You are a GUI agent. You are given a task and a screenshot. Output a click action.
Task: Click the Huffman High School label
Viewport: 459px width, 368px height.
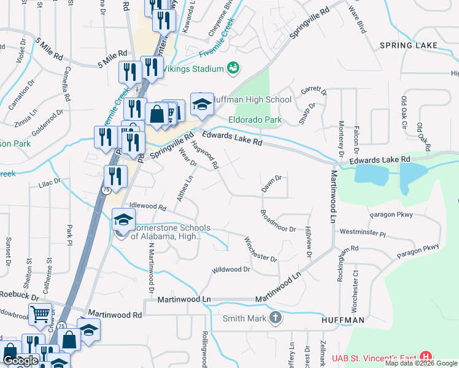pyautogui.click(x=253, y=99)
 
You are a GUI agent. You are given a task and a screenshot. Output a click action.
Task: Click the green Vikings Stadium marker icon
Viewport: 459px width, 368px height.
pyautogui.click(x=233, y=69)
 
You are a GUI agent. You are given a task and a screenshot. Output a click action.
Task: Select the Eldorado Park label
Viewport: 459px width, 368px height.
pyautogui.click(x=255, y=120)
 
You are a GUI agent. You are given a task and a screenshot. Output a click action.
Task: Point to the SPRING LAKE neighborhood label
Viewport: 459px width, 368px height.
pyautogui.click(x=408, y=45)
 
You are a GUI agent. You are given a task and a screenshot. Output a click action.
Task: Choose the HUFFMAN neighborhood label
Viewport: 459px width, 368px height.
pyautogui.click(x=343, y=320)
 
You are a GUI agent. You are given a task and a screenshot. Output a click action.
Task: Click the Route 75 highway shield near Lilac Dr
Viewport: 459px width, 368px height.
pyautogui.click(x=106, y=191)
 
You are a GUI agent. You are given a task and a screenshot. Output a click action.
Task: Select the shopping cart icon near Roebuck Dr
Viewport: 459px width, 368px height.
pyautogui.click(x=40, y=314)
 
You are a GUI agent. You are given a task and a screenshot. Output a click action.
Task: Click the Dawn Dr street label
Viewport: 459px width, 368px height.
pyautogui.click(x=271, y=183)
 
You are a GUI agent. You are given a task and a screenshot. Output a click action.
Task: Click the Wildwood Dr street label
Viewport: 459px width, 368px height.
pyautogui.click(x=231, y=269)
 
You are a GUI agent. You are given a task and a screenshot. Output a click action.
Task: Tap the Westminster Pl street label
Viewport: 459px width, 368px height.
pyautogui.click(x=362, y=233)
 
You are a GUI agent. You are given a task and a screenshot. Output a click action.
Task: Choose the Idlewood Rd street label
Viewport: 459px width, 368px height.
pyautogui.click(x=147, y=208)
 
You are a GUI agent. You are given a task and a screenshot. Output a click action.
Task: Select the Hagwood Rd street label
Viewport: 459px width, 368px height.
pyautogui.click(x=205, y=155)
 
